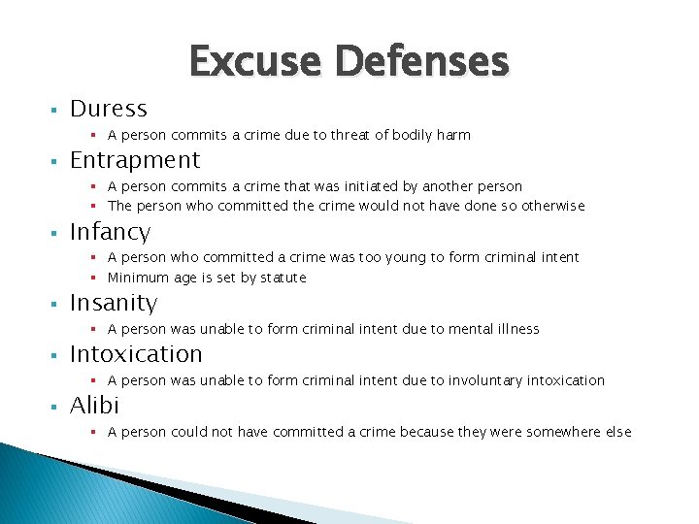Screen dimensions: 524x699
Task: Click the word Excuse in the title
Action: click(256, 62)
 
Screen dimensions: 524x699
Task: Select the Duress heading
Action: click(109, 109)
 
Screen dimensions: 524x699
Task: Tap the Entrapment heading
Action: click(135, 160)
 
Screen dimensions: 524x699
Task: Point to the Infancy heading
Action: click(110, 232)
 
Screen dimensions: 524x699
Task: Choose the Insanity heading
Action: click(113, 303)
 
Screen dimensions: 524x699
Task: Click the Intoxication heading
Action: click(136, 354)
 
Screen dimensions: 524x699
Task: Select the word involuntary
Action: click(484, 380)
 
